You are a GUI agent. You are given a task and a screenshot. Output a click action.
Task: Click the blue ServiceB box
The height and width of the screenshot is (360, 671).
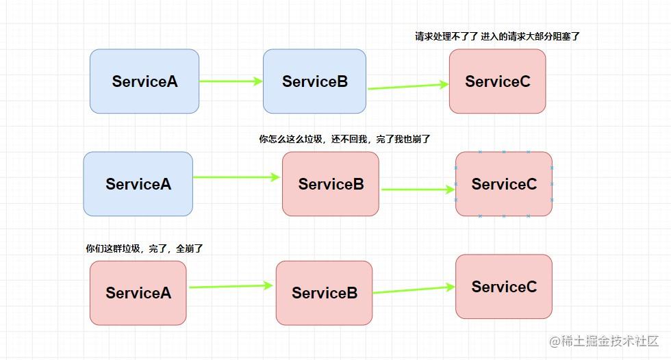tap(314, 81)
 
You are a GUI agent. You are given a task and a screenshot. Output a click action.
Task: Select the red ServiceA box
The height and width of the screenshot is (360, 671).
tap(138, 293)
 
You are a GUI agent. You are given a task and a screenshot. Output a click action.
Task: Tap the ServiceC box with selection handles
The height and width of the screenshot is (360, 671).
tap(504, 184)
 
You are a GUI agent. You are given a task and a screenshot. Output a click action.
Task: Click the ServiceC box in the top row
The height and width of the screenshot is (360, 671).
tap(498, 81)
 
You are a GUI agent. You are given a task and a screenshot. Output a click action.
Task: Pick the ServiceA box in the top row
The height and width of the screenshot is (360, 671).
tap(144, 81)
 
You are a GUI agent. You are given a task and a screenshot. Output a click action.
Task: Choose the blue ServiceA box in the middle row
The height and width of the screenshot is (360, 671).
tap(138, 184)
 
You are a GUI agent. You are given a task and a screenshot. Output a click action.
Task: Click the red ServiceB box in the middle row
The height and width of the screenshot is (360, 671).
tap(331, 184)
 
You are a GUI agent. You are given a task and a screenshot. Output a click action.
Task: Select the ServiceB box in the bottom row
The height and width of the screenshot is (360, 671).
tap(325, 293)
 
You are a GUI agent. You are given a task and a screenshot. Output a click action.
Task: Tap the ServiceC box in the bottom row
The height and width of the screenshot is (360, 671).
tap(504, 287)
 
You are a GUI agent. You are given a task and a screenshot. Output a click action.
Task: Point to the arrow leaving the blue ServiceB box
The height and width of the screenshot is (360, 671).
tap(408, 86)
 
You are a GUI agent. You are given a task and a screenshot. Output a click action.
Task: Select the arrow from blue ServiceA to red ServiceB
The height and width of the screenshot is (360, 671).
tap(237, 177)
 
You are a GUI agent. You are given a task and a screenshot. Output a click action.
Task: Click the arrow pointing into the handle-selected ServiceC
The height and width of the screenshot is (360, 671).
tap(418, 189)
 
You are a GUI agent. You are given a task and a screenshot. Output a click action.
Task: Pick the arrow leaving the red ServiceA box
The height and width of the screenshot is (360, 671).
tap(231, 286)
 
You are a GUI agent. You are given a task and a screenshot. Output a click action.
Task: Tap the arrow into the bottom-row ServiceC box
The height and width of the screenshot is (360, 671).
tap(414, 290)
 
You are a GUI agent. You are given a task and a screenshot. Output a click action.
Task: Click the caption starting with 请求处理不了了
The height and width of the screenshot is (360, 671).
tap(497, 36)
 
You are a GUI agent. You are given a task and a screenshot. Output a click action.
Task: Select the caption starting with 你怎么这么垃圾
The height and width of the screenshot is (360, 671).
tap(344, 139)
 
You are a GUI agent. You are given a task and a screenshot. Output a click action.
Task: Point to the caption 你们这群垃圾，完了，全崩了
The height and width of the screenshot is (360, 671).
tap(144, 248)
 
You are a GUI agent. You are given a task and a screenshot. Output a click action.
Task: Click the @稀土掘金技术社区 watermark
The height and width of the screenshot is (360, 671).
tap(604, 341)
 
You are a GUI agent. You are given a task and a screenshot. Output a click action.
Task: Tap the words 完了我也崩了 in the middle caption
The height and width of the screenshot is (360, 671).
tap(403, 139)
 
